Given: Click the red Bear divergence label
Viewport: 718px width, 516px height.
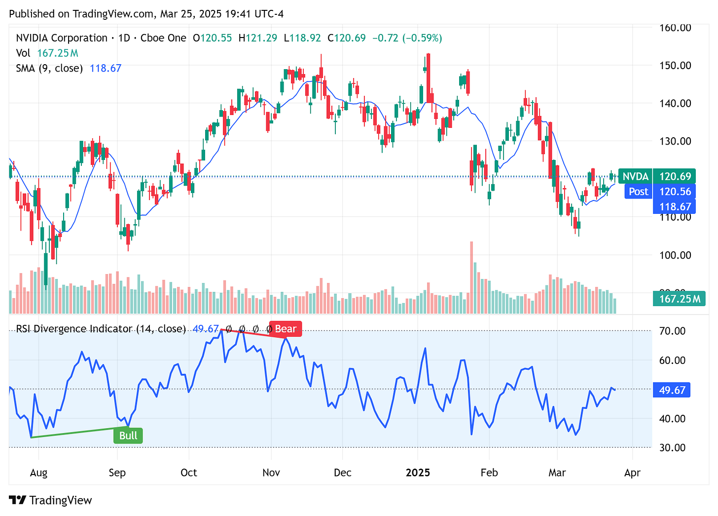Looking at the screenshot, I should click(x=285, y=329).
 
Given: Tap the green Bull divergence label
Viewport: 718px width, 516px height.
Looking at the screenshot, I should click(x=128, y=436).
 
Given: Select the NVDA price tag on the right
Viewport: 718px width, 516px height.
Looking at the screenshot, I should click(x=635, y=176).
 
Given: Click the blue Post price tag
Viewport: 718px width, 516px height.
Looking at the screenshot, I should click(x=638, y=192).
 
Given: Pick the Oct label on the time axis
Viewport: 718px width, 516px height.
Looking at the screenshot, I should click(x=188, y=473).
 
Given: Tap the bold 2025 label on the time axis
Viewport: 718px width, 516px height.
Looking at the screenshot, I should click(x=418, y=473).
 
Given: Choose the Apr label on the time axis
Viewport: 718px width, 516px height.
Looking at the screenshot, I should click(x=632, y=473).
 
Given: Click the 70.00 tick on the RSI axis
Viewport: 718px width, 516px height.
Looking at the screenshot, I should click(x=673, y=331).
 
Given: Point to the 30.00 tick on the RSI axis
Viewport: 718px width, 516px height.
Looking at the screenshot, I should click(x=673, y=447).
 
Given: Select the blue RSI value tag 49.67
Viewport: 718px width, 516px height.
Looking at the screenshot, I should click(x=672, y=390).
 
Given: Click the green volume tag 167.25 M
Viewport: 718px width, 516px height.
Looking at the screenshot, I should click(x=679, y=299).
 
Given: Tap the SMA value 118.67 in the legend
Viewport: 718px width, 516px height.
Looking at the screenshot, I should click(x=106, y=68).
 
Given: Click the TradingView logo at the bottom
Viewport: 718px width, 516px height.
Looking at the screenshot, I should click(x=50, y=500).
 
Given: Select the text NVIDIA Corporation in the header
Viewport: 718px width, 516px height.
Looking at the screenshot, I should click(x=62, y=38).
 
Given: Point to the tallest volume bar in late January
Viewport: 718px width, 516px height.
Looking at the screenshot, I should click(x=471, y=277).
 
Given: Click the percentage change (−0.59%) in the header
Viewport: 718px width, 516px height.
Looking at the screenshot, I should click(x=422, y=38).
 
